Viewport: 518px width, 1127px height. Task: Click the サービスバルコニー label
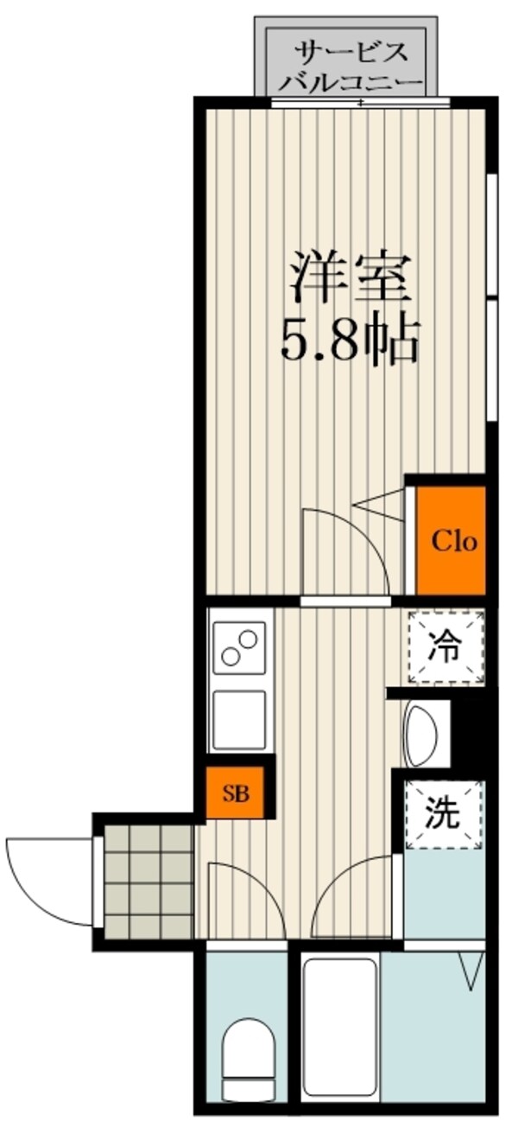point(351,66)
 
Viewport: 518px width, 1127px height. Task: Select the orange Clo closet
point(452,541)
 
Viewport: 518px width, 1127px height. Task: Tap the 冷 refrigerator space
point(445,646)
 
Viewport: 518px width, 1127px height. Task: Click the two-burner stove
point(239,647)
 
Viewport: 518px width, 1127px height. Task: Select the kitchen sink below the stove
point(239,719)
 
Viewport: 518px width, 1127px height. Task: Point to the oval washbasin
point(420,735)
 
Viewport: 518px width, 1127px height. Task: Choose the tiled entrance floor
point(147,882)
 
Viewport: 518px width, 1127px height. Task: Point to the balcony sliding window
point(360,102)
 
